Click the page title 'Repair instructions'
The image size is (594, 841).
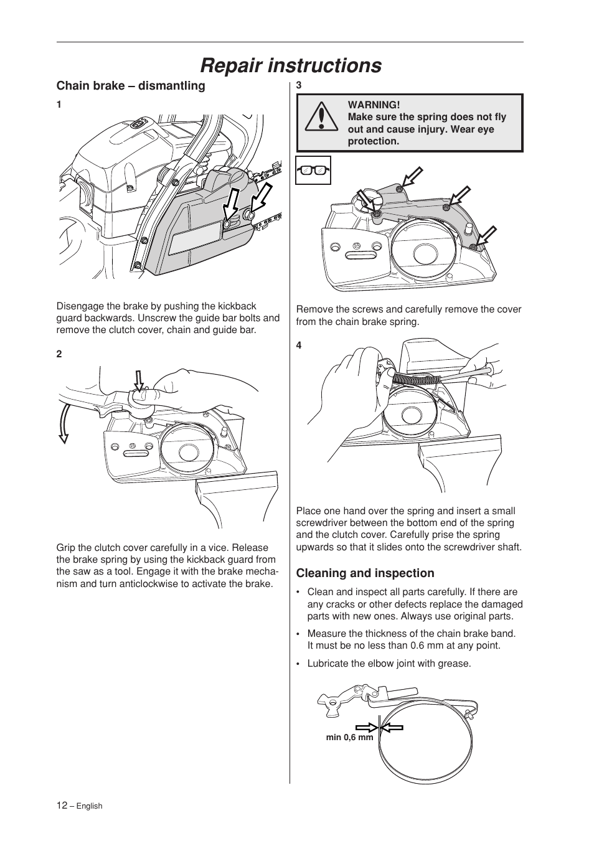point(291,65)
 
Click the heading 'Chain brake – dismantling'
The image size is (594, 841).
point(131,86)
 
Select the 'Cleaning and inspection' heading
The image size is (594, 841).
point(365,573)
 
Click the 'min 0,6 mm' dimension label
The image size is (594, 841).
point(349,738)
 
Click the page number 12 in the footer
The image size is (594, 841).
point(62,805)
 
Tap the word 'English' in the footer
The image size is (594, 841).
point(89,806)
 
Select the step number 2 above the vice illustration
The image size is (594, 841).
point(59,354)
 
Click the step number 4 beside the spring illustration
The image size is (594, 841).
point(299,345)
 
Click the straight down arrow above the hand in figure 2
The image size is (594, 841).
point(139,380)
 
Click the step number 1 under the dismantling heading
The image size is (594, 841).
point(59,105)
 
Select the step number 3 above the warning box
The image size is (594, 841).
point(299,85)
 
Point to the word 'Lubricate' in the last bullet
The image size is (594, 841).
point(328,664)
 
